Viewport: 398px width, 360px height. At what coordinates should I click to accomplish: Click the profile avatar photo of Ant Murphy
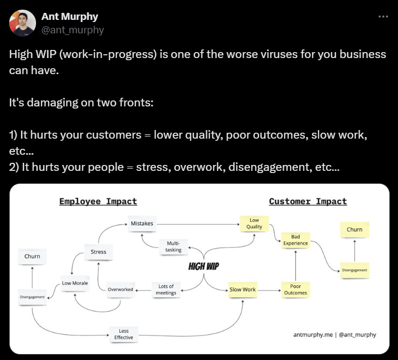coord(23,23)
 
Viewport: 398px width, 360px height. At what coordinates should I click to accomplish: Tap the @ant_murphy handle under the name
coord(72,30)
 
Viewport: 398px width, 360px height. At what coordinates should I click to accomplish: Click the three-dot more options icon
coord(382,17)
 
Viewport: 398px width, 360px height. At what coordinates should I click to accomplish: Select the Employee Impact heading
coord(98,201)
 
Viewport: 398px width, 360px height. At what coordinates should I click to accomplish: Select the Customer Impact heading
coord(308,201)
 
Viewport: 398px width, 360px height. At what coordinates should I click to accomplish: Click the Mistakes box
coord(142,223)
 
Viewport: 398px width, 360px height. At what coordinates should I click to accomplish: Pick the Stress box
coord(98,251)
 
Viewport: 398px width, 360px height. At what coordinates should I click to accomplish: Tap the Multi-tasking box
coord(174,247)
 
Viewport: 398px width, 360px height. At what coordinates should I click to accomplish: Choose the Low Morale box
coord(75,283)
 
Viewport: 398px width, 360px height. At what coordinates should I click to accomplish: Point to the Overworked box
coord(120,290)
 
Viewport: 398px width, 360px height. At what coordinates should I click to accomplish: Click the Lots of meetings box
coord(166,290)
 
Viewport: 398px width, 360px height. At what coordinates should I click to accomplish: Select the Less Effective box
coord(123,334)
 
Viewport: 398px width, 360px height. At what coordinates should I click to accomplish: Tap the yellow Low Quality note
coord(254,223)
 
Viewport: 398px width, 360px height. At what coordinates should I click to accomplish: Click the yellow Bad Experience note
coord(296,240)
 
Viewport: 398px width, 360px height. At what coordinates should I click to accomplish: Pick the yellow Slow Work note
coord(243,290)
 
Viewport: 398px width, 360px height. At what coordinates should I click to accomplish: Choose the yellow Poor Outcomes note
coord(296,290)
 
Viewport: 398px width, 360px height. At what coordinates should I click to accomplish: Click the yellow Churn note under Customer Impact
coord(354,229)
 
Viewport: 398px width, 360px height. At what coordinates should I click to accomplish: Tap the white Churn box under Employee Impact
coord(32,256)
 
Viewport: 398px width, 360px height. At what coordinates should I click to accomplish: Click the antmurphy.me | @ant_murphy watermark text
coord(335,334)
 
